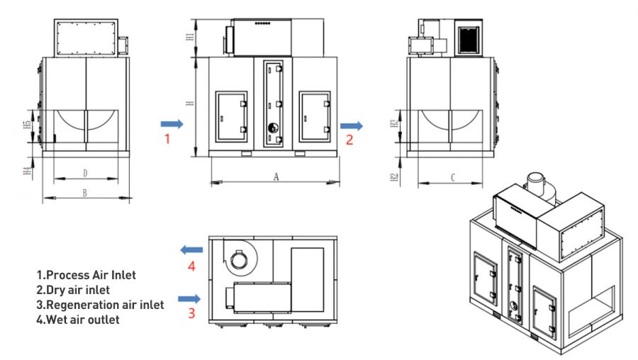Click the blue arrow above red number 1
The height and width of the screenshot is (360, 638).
172,124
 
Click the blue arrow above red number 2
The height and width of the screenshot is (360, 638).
352,126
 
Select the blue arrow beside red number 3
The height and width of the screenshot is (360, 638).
189,299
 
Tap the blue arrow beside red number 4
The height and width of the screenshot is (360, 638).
191,249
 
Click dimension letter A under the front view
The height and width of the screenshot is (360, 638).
276,177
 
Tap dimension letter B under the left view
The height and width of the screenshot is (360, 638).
84,193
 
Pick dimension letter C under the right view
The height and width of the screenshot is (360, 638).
452,178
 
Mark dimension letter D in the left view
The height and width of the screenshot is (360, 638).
85,174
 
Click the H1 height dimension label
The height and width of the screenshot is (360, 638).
189,37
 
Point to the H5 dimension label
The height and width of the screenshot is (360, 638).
27,125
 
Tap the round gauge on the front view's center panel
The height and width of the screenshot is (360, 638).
273,128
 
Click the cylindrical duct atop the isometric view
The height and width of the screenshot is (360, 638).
540,188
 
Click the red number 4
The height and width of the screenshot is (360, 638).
191,266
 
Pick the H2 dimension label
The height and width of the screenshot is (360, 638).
393,177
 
